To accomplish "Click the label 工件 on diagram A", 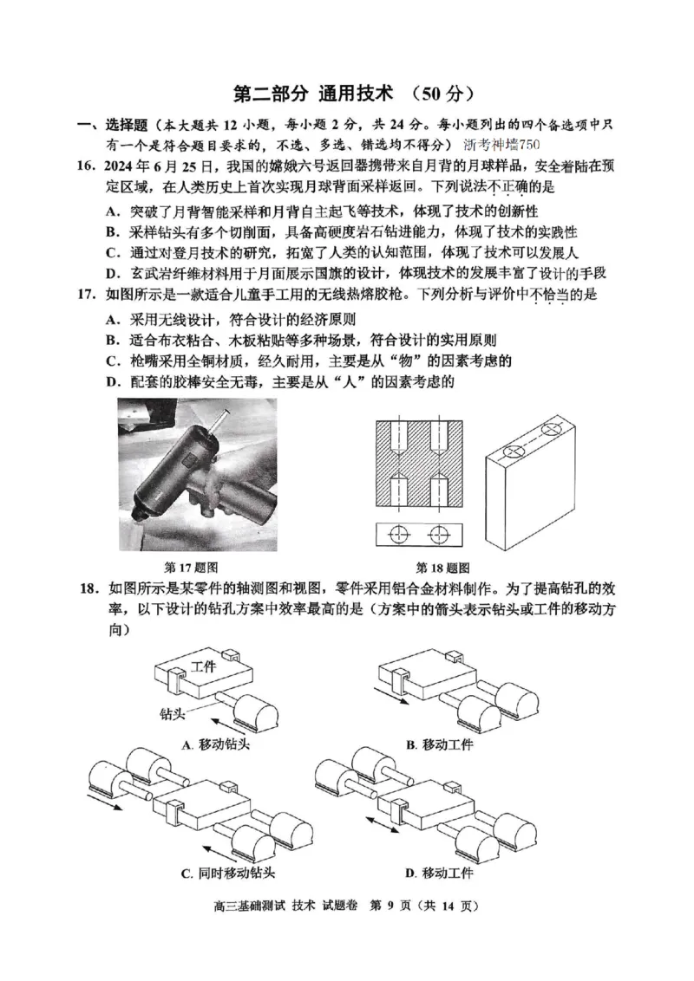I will click(203, 666).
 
